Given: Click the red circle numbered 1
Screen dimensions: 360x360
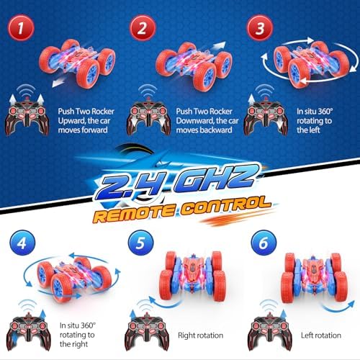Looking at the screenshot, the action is (x=21, y=28).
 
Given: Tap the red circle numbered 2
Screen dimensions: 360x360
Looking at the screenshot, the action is (x=143, y=28).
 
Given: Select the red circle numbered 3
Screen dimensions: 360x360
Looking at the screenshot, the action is (x=260, y=28).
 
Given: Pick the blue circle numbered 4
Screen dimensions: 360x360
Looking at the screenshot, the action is (x=22, y=243).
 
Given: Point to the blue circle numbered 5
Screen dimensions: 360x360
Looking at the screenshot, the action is (x=140, y=243).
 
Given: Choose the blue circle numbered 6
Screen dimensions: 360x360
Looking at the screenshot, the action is (x=264, y=243).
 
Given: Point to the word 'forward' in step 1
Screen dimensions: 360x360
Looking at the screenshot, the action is (x=95, y=130).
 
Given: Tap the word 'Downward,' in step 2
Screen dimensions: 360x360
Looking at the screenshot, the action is (x=195, y=121).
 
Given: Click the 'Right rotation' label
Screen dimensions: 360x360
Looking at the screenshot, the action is (x=201, y=336).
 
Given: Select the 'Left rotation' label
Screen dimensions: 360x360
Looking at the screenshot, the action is (x=321, y=336).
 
